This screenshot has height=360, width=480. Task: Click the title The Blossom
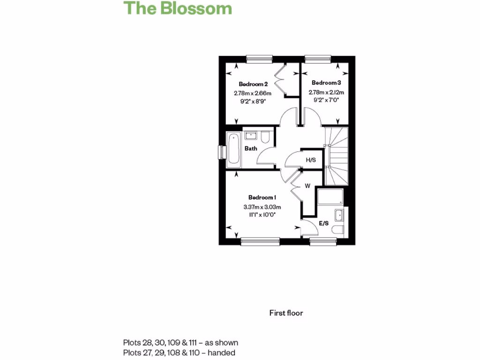tap(178, 8)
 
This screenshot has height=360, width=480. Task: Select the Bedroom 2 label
tap(253, 84)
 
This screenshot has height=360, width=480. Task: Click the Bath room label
tap(251, 149)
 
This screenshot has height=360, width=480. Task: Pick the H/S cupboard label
tap(311, 160)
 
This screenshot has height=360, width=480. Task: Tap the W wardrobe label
tap(307, 186)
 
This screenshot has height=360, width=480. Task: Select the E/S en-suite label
tap(323, 224)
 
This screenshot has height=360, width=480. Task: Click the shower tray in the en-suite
tap(331, 197)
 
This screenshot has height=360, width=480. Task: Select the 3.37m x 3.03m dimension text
tap(262, 207)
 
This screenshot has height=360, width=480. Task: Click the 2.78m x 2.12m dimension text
tap(326, 92)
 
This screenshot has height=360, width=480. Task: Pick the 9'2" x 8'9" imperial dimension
tap(253, 100)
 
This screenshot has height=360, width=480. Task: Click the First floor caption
tap(286, 313)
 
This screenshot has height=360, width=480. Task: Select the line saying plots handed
tap(179, 352)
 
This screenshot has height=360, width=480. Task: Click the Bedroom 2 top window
tap(259, 59)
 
